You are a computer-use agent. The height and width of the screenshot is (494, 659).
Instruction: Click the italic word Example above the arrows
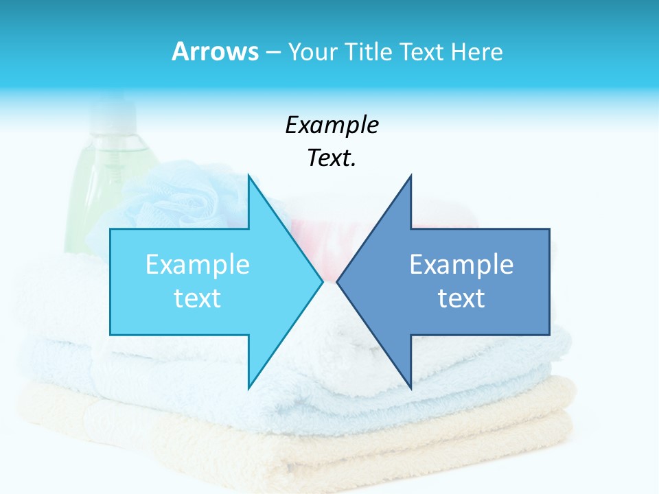(x=332, y=126)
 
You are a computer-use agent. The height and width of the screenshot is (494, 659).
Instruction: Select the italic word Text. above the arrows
(x=332, y=158)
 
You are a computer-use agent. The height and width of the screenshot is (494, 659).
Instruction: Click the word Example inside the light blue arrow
(x=197, y=265)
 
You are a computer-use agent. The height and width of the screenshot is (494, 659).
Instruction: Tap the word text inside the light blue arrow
(x=197, y=298)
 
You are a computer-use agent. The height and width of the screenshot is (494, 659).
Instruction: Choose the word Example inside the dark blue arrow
(x=461, y=265)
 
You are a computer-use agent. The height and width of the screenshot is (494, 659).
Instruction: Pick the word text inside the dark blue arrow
(x=461, y=298)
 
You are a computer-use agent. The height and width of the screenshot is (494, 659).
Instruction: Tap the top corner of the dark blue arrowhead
(x=411, y=177)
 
